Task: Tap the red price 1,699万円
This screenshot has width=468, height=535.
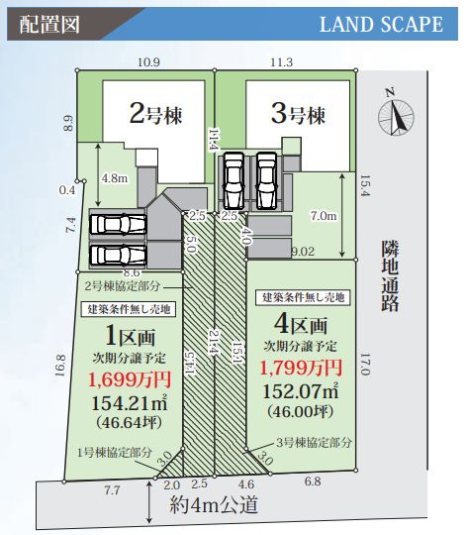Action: (x=131, y=378)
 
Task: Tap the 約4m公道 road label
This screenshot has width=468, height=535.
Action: (x=214, y=505)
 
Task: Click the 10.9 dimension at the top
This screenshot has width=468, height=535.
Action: (x=148, y=62)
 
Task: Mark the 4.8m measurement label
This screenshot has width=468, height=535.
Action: (x=115, y=179)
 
